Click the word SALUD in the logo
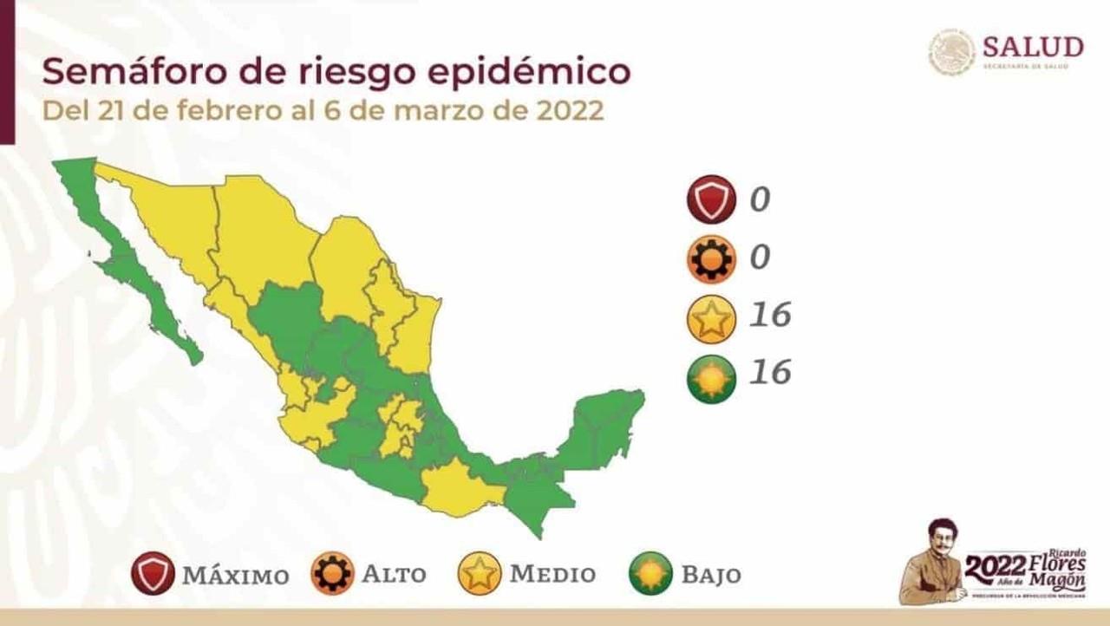tap(1033, 46)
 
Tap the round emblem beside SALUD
tap(952, 52)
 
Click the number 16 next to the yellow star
tap(770, 315)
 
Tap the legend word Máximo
tap(235, 575)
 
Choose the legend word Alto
tap(394, 574)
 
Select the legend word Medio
tap(552, 574)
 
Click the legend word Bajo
tap(710, 574)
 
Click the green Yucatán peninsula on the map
tap(607, 425)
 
